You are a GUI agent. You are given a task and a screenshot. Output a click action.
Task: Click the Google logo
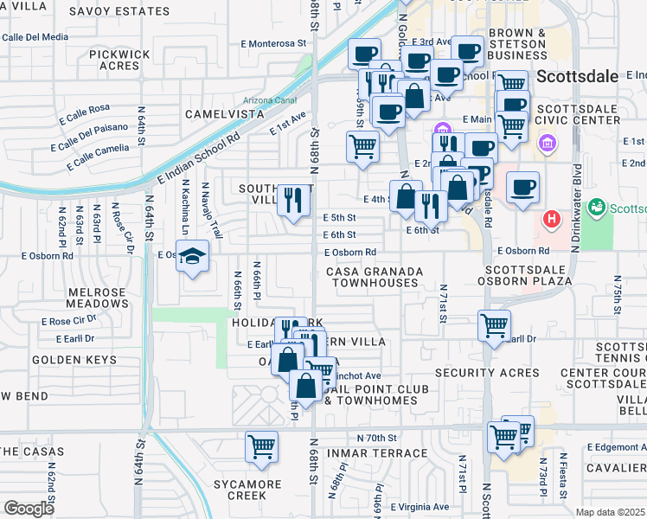coord(29,509)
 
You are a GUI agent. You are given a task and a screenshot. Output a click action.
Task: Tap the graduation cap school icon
coord(193,257)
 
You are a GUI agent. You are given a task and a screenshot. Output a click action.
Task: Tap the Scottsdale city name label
coord(577,76)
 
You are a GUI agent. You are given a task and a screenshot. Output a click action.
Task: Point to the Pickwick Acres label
coord(113,60)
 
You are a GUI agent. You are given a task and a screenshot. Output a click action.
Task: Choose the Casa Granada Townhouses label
coord(375,277)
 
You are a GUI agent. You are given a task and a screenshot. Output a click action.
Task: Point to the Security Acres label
coord(487,373)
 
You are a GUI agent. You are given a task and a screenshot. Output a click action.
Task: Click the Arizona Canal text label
coord(270,99)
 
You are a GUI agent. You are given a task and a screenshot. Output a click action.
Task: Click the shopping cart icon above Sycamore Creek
coord(261,446)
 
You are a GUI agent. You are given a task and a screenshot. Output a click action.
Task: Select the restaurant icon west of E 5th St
coord(293,201)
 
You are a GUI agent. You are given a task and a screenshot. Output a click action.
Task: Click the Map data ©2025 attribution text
coord(609,511)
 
